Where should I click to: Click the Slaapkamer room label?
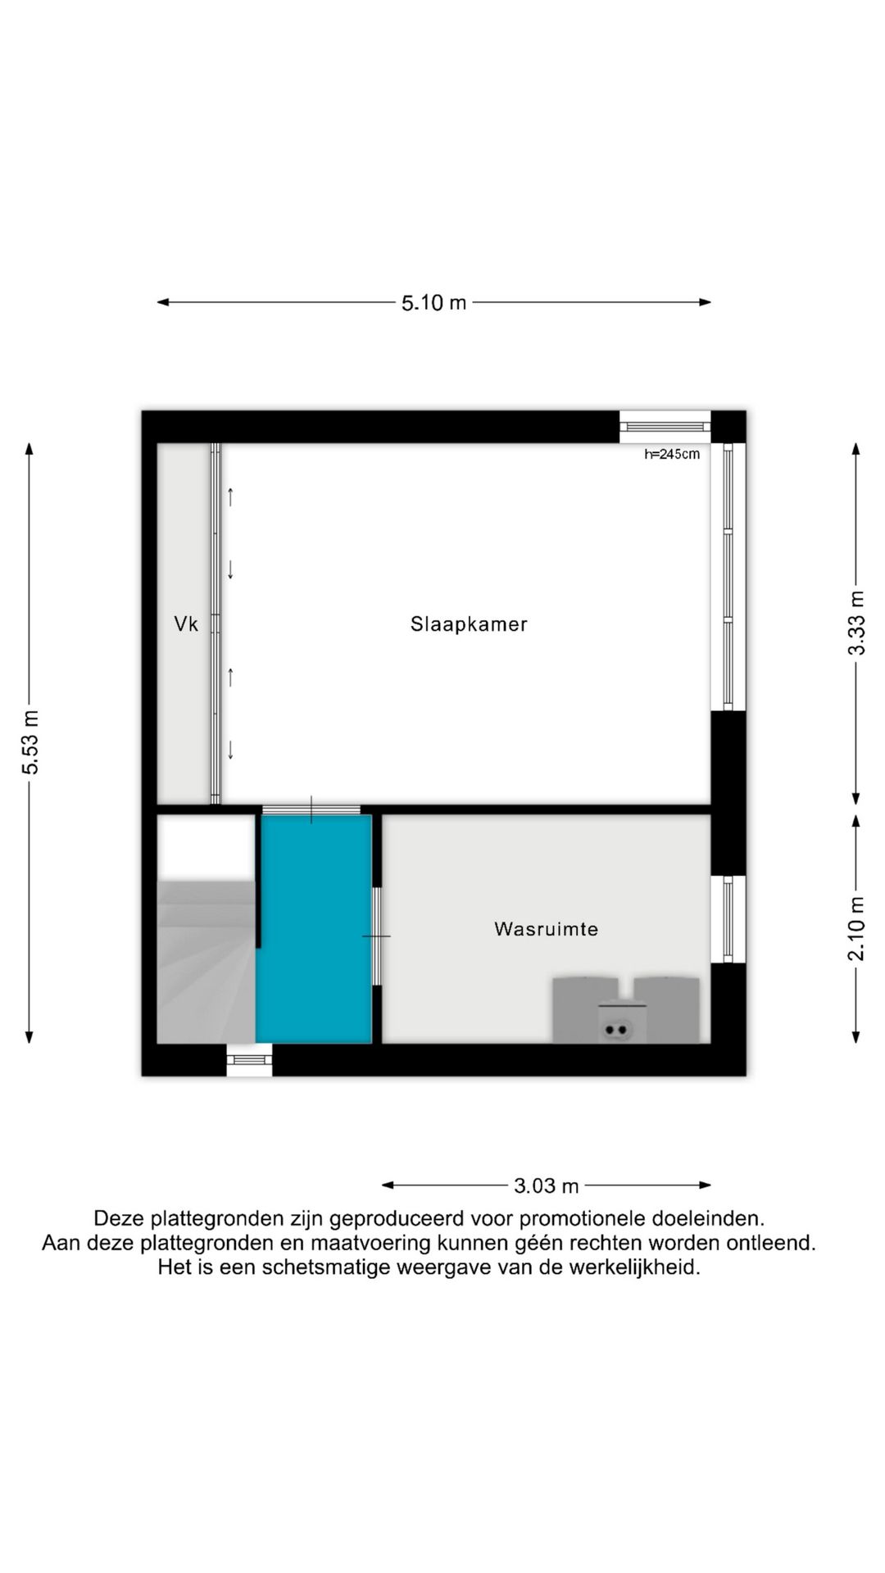tap(469, 624)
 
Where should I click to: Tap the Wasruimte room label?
tap(546, 929)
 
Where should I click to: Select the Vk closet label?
tap(186, 624)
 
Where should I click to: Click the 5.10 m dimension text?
tap(433, 303)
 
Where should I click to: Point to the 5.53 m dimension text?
tap(30, 742)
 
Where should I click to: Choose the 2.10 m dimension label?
tap(855, 928)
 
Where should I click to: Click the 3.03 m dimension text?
tap(546, 1185)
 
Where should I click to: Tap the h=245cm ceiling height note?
tap(672, 454)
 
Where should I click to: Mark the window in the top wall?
tap(665, 426)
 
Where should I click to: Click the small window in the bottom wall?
tap(249, 1060)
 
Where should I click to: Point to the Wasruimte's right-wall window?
tap(728, 918)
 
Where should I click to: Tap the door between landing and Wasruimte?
tap(376, 936)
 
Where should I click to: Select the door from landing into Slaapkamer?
tap(311, 810)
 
